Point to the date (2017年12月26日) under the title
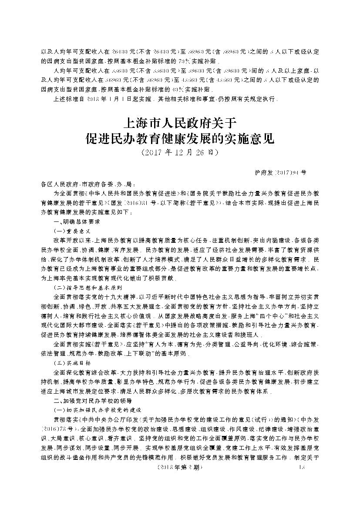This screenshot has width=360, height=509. click(x=180, y=153)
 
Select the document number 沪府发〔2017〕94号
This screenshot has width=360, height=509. click(x=280, y=173)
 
